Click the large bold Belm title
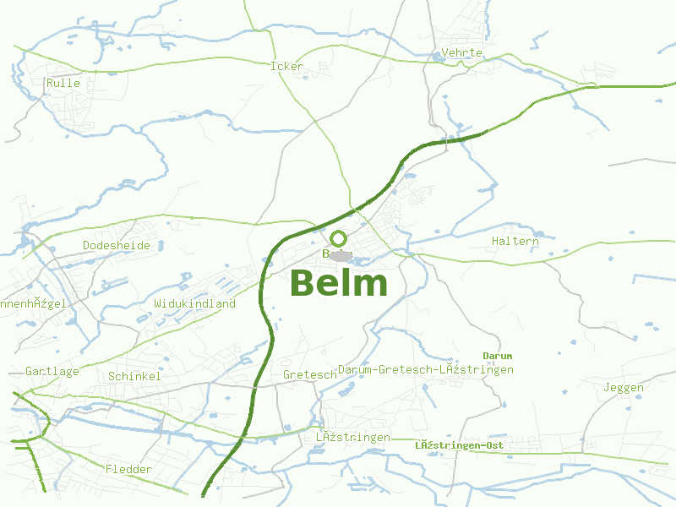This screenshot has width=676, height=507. click(x=338, y=284)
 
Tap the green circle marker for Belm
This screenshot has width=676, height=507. click(x=339, y=238)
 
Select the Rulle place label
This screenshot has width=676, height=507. click(x=63, y=84)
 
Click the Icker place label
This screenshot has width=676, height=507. click(x=286, y=67)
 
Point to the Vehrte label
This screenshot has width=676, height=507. click(x=462, y=53)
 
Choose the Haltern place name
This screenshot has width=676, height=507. click(x=515, y=242)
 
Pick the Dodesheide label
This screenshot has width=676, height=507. click(x=117, y=246)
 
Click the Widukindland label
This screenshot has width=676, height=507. click(x=194, y=303)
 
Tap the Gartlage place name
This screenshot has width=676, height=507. click(x=52, y=372)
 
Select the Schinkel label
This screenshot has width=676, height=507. click(x=134, y=377)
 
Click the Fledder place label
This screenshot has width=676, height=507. click(x=129, y=470)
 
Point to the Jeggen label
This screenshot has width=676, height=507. click(x=624, y=389)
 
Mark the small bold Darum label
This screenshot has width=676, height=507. click(x=497, y=356)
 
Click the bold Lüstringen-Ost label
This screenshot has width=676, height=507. click(x=460, y=445)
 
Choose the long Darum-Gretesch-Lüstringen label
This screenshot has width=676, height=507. click(x=426, y=370)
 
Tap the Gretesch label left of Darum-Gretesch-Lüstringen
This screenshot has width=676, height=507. click(x=298, y=375)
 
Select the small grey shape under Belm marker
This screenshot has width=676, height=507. click(x=341, y=255)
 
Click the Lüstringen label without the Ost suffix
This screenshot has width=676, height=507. click(x=353, y=438)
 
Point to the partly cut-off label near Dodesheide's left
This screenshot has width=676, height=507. click(x=32, y=304)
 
